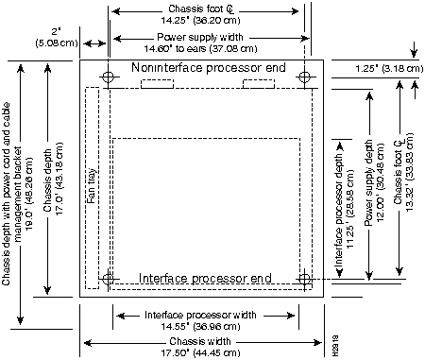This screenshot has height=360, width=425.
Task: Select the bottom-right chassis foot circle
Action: coord(304,279)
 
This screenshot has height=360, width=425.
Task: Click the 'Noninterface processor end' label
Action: coord(208,69)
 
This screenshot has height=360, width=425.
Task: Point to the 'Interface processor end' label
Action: coord(206,278)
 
